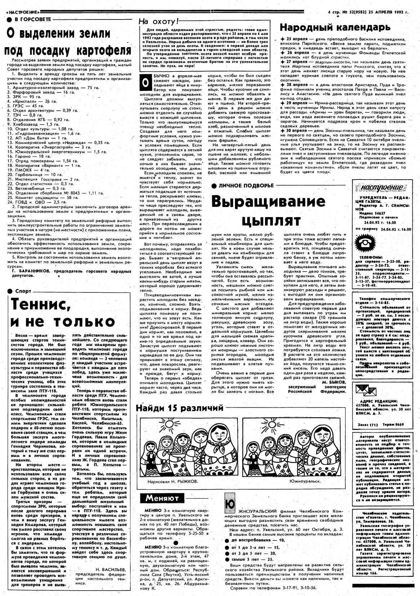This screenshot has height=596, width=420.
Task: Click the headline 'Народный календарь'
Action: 335,27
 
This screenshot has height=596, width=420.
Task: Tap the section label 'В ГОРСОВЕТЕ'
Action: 32,19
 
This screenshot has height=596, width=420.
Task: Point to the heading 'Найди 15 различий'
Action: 180,408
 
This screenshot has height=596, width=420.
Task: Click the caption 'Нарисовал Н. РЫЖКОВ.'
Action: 173,481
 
